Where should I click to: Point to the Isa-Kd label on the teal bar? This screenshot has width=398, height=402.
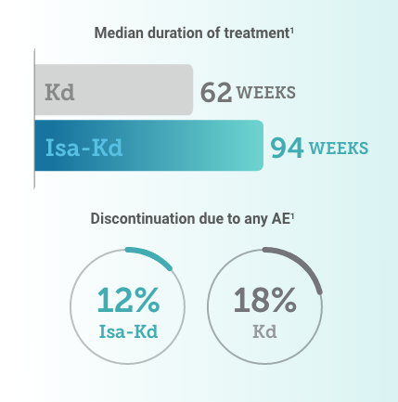point(84,149)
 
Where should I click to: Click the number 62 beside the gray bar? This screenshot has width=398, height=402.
point(217,93)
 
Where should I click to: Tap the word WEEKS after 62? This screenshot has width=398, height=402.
point(269,94)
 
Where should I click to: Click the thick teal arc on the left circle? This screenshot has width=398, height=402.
point(147,253)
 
